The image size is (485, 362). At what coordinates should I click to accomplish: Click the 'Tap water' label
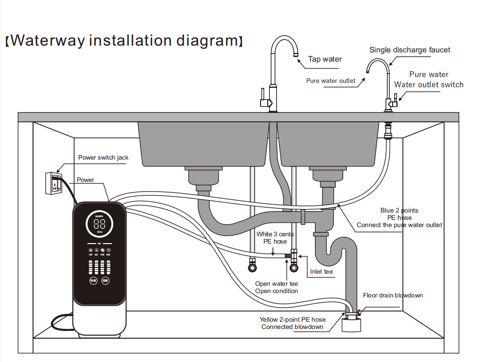pyautogui.click(x=325, y=59)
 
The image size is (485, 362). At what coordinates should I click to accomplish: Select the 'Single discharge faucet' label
pyautogui.click(x=410, y=49)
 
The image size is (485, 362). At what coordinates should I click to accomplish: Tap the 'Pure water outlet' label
pyautogui.click(x=330, y=81)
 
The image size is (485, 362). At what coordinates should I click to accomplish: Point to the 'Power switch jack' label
pyautogui.click(x=104, y=158)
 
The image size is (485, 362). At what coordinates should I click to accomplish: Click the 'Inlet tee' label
pyautogui.click(x=322, y=272)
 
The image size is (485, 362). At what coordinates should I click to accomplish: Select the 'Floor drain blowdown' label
pyautogui.click(x=393, y=295)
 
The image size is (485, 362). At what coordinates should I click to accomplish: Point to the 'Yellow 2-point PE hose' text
pyautogui.click(x=293, y=319)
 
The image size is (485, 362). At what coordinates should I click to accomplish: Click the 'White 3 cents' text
pyautogui.click(x=275, y=234)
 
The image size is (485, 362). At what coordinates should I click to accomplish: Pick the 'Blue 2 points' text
pyautogui.click(x=399, y=210)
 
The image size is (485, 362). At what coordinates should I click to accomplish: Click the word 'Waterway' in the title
pyautogui.click(x=47, y=40)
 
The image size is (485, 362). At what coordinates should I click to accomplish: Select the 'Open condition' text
pyautogui.click(x=277, y=291)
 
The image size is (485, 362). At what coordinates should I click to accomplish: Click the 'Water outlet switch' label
pyautogui.click(x=429, y=84)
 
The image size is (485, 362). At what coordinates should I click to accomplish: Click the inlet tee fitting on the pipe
pyautogui.click(x=293, y=255)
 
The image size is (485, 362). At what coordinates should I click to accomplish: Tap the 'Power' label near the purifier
pyautogui.click(x=86, y=180)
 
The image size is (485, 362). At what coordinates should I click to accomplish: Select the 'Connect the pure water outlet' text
pyautogui.click(x=399, y=225)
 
